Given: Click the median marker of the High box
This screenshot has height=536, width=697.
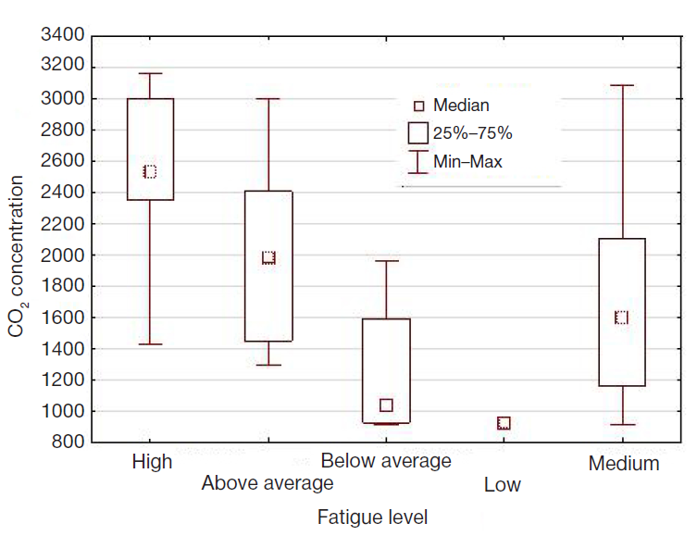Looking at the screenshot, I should [150, 171].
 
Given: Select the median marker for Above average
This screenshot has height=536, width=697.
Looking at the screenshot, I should [268, 258].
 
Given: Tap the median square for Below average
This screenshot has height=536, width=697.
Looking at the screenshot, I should [386, 405].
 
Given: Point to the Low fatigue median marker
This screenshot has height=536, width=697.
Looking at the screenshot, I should [504, 423].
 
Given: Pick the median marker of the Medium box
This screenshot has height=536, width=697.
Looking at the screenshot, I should [622, 318].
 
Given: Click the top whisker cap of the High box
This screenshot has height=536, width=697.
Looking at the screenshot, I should [150, 73].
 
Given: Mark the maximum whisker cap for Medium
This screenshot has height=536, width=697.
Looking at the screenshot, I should [622, 85].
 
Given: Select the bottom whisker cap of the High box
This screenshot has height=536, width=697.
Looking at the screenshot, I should [150, 344].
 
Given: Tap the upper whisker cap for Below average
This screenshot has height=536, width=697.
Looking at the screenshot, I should [386, 261].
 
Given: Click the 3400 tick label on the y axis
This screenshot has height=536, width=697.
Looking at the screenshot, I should [63, 36].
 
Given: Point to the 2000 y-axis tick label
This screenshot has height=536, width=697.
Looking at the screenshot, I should [63, 256].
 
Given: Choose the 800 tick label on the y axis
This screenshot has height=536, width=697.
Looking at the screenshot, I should [68, 443].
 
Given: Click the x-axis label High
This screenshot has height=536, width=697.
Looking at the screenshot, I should [152, 462].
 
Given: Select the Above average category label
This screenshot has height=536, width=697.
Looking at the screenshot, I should [267, 483].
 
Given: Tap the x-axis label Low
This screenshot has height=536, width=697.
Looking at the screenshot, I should [503, 485].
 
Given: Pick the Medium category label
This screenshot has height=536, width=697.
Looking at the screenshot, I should [624, 464].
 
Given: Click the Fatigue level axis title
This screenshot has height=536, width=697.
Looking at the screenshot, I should [372, 516].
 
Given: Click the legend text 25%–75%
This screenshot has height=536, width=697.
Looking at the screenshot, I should [473, 133].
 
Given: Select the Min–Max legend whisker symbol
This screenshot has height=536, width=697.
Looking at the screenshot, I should [418, 162].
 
